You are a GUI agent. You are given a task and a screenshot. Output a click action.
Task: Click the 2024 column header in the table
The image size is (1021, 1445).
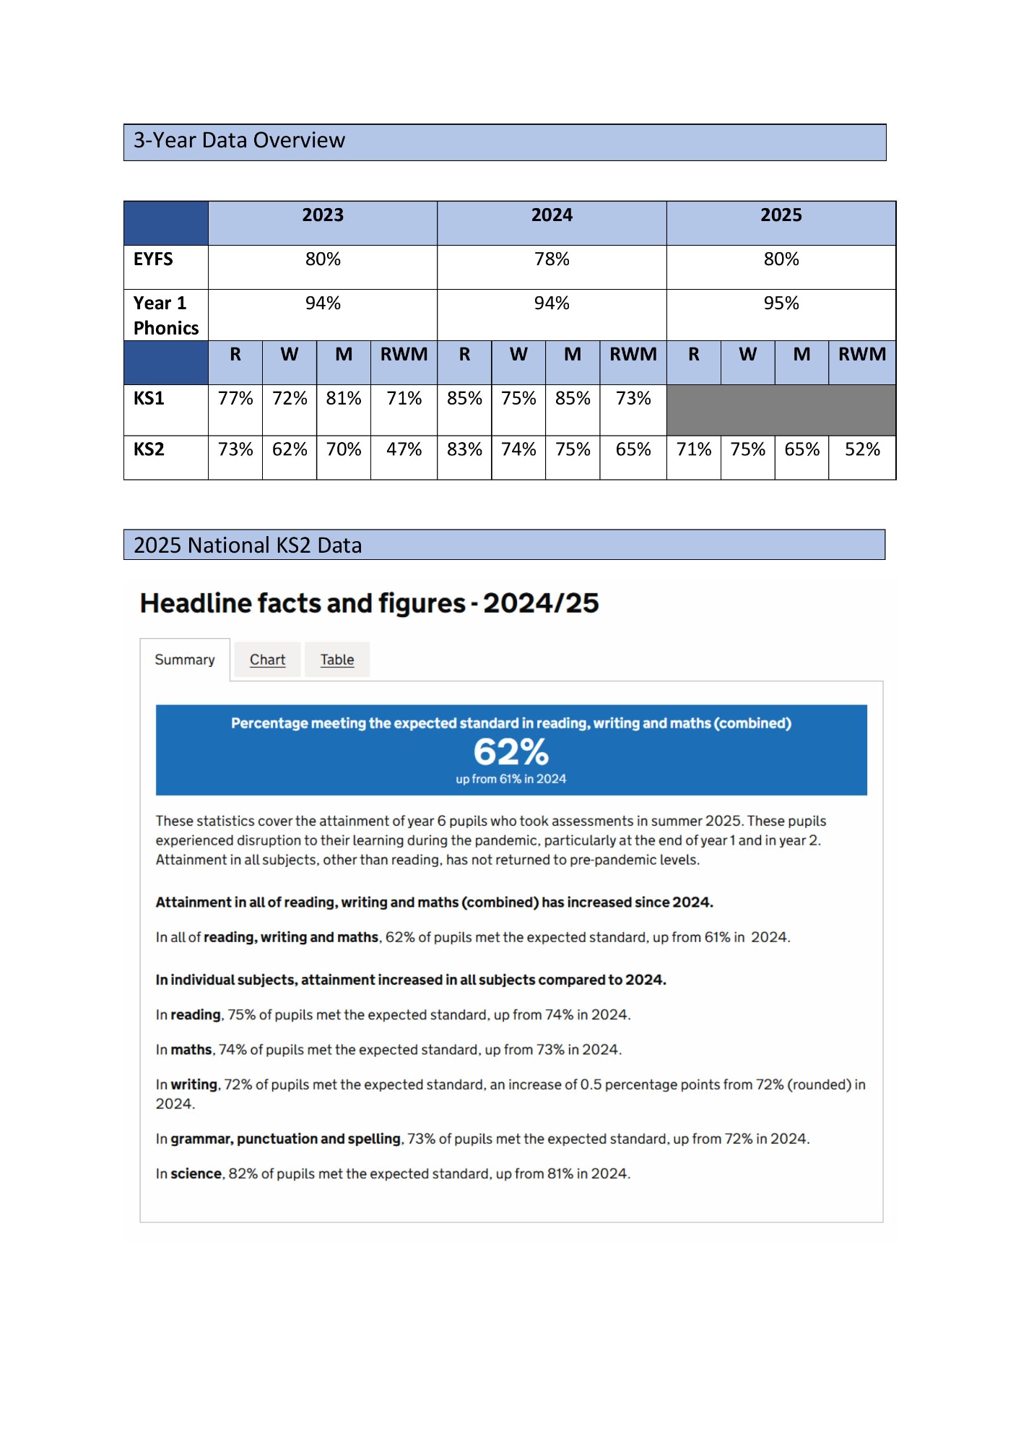tap(552, 215)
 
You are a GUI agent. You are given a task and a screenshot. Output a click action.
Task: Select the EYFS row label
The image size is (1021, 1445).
tap(153, 259)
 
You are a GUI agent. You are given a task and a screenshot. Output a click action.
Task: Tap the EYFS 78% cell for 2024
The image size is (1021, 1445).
tap(552, 259)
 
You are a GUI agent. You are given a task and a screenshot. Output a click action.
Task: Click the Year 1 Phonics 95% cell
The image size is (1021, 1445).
tap(781, 303)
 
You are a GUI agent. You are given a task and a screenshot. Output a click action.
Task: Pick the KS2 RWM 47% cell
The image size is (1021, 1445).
tap(404, 449)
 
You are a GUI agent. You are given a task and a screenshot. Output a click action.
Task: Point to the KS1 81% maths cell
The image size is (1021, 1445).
tap(344, 399)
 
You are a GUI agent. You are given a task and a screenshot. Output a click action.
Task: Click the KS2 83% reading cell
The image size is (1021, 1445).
tap(464, 449)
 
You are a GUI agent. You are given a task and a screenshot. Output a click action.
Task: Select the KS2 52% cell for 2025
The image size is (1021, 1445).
tap(862, 449)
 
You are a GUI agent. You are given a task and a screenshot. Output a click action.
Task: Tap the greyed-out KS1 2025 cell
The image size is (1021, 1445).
tap(781, 410)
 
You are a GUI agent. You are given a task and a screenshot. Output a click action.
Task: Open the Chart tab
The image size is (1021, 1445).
tap(267, 660)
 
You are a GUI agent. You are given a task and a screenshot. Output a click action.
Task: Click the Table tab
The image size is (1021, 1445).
tap(337, 660)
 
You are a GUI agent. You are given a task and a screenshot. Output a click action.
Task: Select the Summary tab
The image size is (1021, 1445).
tap(185, 660)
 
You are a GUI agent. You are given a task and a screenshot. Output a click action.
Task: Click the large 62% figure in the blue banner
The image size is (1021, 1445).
tap(510, 752)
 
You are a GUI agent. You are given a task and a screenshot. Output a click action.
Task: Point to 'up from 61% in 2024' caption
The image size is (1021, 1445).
tap(510, 779)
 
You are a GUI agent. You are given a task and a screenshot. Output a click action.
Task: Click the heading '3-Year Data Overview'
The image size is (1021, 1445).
tap(239, 140)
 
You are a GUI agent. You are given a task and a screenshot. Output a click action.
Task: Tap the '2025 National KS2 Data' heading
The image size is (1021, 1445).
tap(248, 545)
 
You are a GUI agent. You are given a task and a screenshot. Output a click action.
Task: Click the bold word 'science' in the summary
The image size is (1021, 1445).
tap(196, 1174)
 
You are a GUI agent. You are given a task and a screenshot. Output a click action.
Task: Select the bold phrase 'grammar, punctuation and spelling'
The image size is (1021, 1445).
tap(285, 1139)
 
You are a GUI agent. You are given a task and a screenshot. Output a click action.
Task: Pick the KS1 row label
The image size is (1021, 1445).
tap(149, 399)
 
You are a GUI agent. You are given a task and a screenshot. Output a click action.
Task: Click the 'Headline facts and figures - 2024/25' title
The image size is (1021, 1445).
tap(369, 603)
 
